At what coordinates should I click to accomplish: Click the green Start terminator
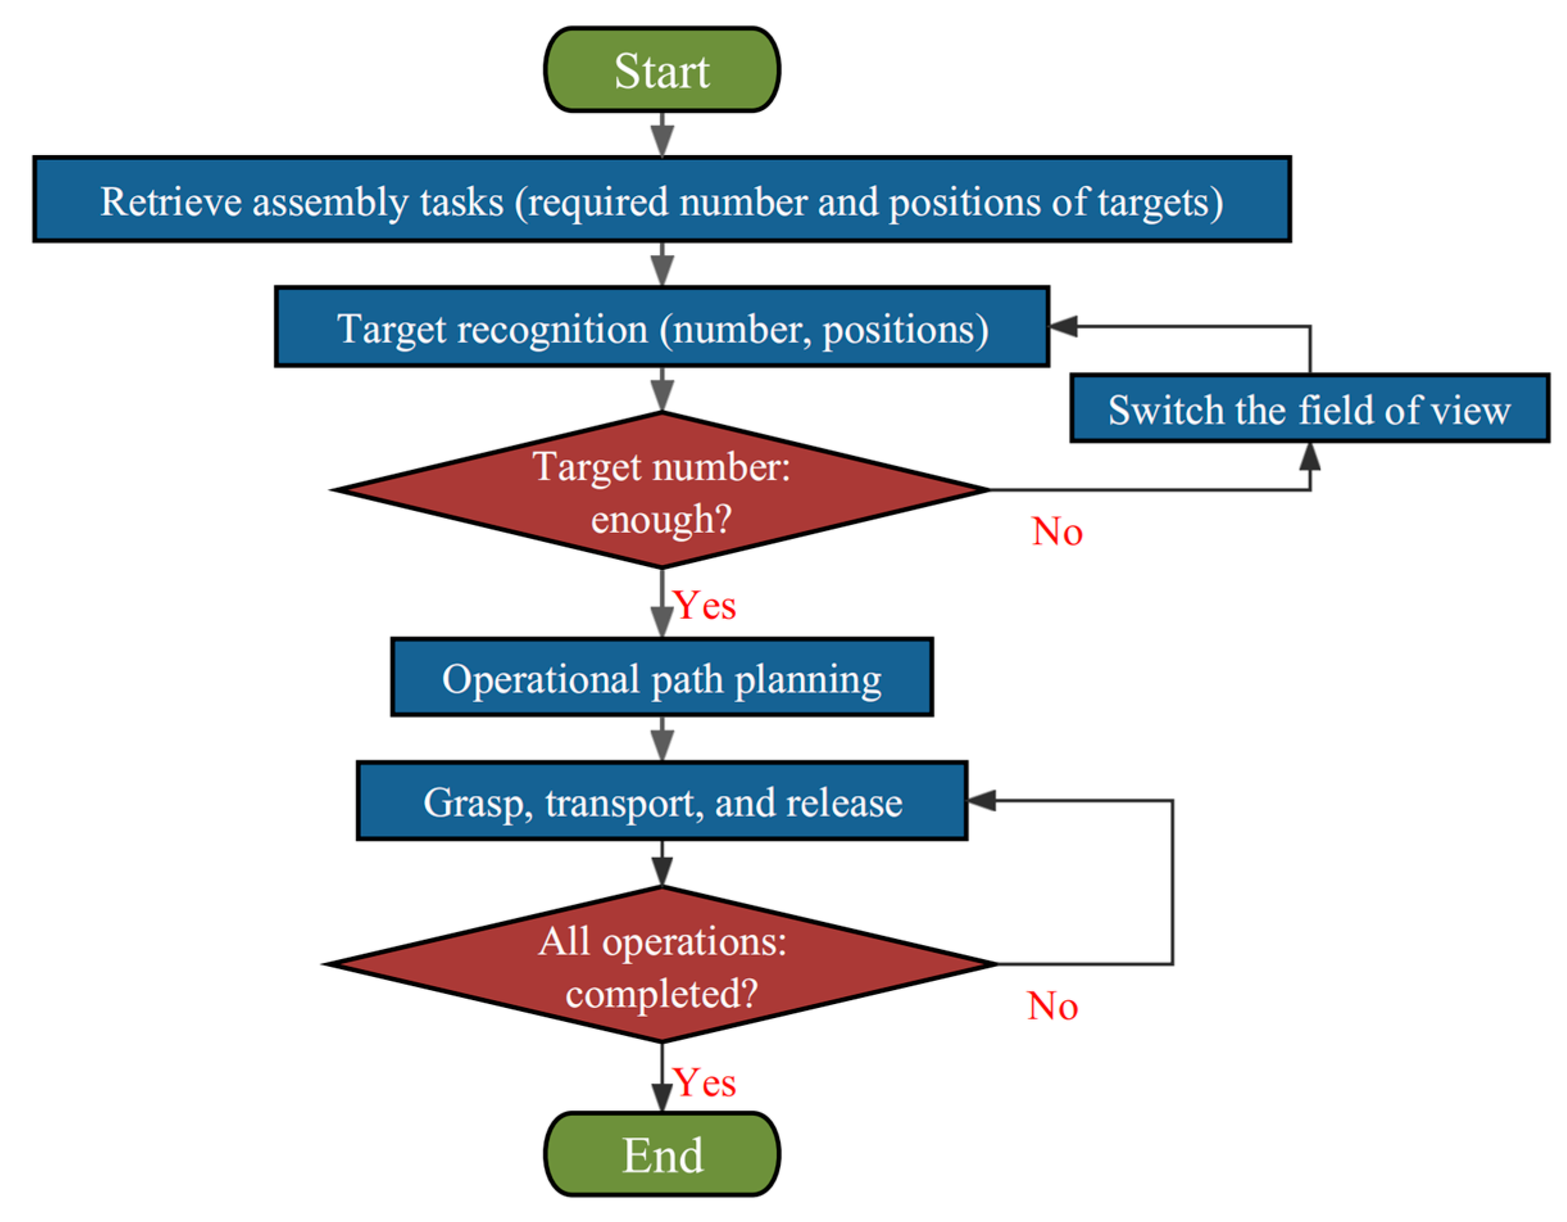coord(662,71)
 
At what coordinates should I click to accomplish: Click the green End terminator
coord(662,1155)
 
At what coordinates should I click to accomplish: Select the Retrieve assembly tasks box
coord(662,200)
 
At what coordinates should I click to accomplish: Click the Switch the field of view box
coord(1309,410)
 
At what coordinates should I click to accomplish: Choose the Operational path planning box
coord(662,678)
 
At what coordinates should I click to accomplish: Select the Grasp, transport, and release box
coord(662,801)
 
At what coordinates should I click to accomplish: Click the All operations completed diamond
coord(662,966)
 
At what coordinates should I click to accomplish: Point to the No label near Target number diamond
coord(1057,532)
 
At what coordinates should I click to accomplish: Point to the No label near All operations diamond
coord(1052,1006)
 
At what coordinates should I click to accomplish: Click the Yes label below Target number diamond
coord(705,606)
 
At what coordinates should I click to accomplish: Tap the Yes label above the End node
coord(705,1083)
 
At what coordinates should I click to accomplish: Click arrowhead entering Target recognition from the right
coord(1063,326)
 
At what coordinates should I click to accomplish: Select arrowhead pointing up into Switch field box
coord(1310,456)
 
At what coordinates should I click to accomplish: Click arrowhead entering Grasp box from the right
coord(982,801)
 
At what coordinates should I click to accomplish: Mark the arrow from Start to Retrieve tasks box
coord(662,135)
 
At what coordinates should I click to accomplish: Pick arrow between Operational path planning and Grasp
coord(662,739)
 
